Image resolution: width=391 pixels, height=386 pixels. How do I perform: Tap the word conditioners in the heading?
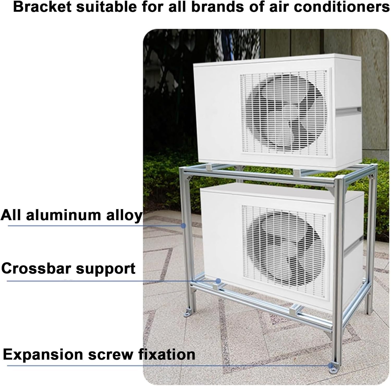(x=342, y=7)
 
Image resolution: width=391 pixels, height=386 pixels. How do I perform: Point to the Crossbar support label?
(x=68, y=269)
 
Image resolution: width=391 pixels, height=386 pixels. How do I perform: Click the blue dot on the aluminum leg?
(x=184, y=226)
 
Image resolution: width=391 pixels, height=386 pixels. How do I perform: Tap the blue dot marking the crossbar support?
(x=218, y=281)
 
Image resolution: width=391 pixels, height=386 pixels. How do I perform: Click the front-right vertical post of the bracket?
(x=338, y=260)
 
